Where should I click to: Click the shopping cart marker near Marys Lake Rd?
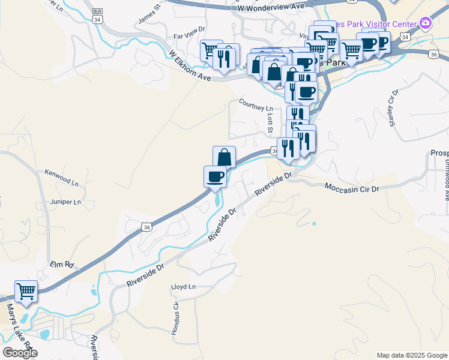point(26,292)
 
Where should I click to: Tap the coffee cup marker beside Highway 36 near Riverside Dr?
point(215,176)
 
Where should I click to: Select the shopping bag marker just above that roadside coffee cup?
point(224,157)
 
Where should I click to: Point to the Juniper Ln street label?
point(65,202)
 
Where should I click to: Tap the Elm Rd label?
point(61,264)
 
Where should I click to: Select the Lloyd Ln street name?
point(184,287)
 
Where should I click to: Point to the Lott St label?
point(270,123)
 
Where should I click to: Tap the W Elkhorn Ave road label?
point(191,66)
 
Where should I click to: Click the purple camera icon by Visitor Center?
point(426,23)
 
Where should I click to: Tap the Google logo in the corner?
point(20,353)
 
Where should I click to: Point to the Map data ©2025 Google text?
point(411,355)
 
